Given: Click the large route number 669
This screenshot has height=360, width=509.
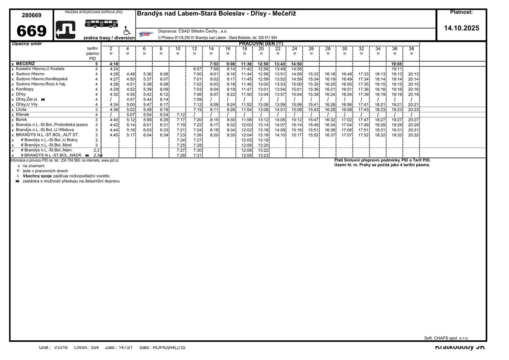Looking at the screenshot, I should coord(32,31).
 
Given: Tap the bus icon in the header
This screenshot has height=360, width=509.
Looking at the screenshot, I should coord(101,23).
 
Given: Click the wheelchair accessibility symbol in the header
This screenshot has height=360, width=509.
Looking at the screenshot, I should coord(127,31).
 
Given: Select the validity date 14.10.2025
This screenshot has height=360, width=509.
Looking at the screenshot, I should coord(461,28).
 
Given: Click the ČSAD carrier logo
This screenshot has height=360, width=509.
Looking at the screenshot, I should coord(146,34).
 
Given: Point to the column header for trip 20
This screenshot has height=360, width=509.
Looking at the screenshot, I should coord(261,49).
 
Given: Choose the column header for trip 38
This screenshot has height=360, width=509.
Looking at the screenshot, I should coord(411,49).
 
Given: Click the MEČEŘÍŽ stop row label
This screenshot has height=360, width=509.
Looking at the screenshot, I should coord(25,64).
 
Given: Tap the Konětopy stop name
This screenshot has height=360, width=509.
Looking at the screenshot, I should coord(25,89).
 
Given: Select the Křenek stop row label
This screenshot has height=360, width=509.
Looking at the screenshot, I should coord(23,115).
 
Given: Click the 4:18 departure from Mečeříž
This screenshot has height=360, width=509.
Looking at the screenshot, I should coord(114,64).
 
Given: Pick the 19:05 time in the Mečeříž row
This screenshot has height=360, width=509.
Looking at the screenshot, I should coord(397,64).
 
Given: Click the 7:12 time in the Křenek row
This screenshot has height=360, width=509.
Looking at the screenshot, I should coord(181,115).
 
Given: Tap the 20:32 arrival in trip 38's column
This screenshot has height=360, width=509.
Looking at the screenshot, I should coord(413,135).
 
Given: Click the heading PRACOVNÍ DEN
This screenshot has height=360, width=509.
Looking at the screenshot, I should coord(261,43).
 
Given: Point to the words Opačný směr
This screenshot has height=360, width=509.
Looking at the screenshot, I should coord(27,44).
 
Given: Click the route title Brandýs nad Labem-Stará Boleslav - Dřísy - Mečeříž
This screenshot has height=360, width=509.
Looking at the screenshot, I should coord(216,14).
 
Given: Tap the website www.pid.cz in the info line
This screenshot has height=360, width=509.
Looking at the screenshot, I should coord(110,160).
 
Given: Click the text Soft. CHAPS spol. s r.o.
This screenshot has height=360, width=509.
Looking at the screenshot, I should coord(446,338).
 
